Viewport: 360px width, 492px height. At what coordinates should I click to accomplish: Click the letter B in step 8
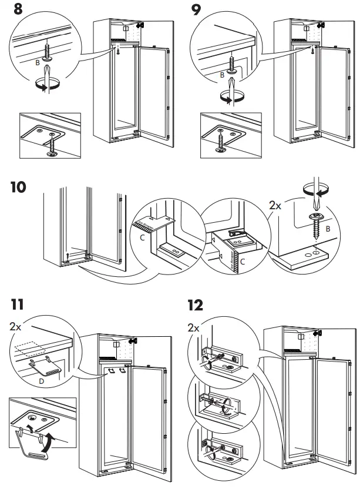click(x=37, y=61)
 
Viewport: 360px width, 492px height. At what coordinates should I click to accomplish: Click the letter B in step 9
click(x=221, y=75)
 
